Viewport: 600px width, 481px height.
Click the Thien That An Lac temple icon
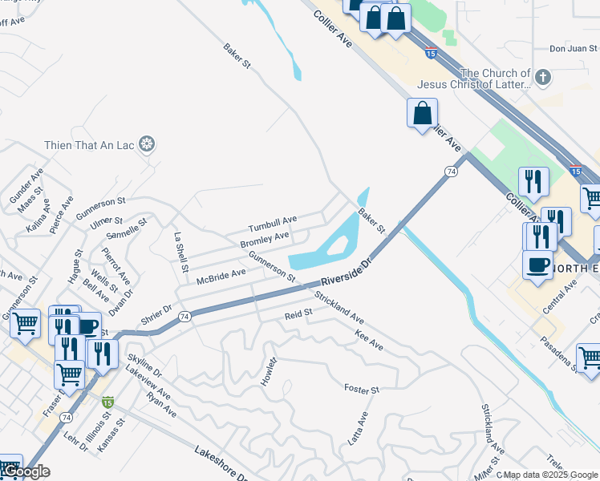[148, 144]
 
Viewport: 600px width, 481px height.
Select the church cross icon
[543, 78]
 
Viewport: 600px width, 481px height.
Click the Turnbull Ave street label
[273, 223]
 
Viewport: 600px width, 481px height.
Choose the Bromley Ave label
[265, 240]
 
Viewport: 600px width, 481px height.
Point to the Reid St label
[298, 316]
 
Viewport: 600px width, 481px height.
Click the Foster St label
[361, 390]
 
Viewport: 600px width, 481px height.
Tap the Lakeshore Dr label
[220, 464]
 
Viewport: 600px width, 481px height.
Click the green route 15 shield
[107, 402]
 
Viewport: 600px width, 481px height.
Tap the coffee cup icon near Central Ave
[537, 265]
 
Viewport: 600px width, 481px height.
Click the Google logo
[26, 471]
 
